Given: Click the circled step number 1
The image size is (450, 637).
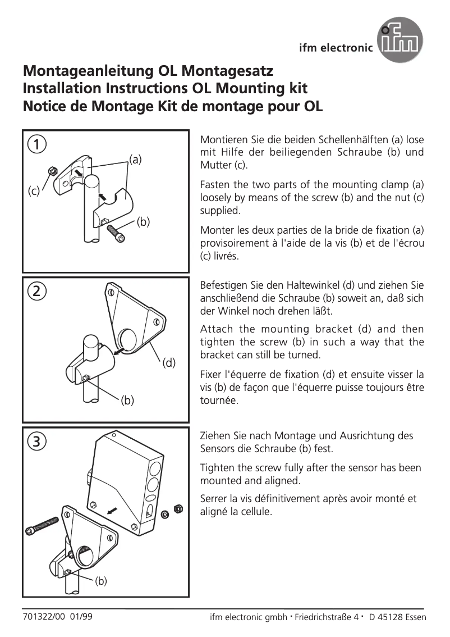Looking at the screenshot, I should [36, 144].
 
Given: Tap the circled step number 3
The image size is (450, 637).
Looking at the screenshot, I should [36, 442].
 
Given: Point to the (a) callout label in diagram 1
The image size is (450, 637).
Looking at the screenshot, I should [135, 159].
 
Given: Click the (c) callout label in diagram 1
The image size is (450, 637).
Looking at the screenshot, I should [34, 192].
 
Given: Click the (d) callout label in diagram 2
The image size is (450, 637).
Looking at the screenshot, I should [169, 363].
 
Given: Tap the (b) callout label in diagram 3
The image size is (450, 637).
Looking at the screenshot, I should [100, 581].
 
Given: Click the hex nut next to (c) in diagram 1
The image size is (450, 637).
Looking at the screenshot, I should [50, 170].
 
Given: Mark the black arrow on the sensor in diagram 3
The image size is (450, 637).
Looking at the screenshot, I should [113, 510].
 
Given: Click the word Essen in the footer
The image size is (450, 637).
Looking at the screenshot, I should [414, 617].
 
